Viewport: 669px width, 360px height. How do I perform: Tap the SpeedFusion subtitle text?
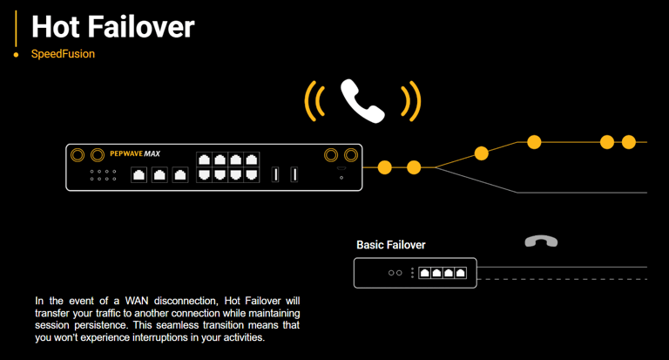(x=63, y=54)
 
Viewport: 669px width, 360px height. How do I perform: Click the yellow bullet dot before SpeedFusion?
(x=16, y=55)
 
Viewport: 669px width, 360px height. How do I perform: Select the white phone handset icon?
(x=362, y=100)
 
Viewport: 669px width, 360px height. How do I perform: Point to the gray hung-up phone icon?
(x=541, y=241)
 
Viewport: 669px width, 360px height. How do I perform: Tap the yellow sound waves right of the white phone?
(x=411, y=101)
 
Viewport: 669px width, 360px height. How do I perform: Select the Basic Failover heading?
(x=391, y=245)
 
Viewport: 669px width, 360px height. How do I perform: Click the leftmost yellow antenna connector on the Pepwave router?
(x=78, y=155)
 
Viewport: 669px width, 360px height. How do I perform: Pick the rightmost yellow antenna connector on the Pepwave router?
(x=351, y=155)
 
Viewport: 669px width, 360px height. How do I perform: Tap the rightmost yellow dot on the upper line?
(x=629, y=142)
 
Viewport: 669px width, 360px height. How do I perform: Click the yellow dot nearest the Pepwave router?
(x=383, y=167)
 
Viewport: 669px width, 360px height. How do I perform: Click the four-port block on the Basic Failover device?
(x=443, y=273)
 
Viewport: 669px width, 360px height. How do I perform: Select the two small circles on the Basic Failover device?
(x=395, y=273)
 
